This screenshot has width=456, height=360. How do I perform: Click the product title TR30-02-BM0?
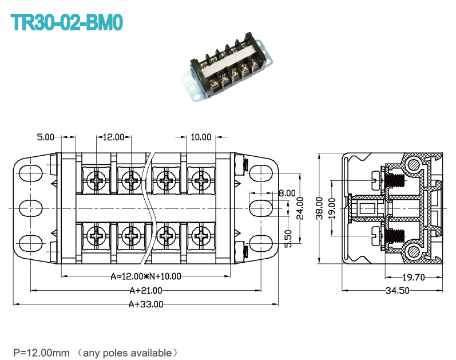pos(66,22)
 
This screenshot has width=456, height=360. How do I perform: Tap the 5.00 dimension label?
pos(46,137)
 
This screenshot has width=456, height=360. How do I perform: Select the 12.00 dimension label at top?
pos(114,137)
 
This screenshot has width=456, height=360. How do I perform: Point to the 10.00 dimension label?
pos(201,137)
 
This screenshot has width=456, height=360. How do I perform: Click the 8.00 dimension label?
pos(287,193)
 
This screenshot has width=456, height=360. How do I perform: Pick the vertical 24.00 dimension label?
pos(300,208)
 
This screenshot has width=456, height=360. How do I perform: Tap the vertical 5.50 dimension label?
pos(288,239)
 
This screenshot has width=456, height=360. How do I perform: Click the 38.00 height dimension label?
pos(319,208)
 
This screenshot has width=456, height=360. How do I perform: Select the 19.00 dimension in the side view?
pos(332,208)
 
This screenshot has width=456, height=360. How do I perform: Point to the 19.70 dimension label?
pos(414,277)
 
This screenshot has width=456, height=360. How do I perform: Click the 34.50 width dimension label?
pos(397,290)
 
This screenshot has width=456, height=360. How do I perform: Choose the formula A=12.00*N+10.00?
pos(146,276)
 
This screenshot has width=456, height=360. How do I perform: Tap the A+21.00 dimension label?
pos(146,290)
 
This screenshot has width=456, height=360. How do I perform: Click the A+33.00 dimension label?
pos(146,304)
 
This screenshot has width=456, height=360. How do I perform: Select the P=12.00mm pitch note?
pos(42,353)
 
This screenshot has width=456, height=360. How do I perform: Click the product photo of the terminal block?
pos(227,67)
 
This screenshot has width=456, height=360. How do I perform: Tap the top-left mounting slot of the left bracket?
pos(30,173)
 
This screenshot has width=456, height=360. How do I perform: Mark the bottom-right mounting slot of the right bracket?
pos(261,243)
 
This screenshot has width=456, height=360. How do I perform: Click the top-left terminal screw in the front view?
pos(96,180)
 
